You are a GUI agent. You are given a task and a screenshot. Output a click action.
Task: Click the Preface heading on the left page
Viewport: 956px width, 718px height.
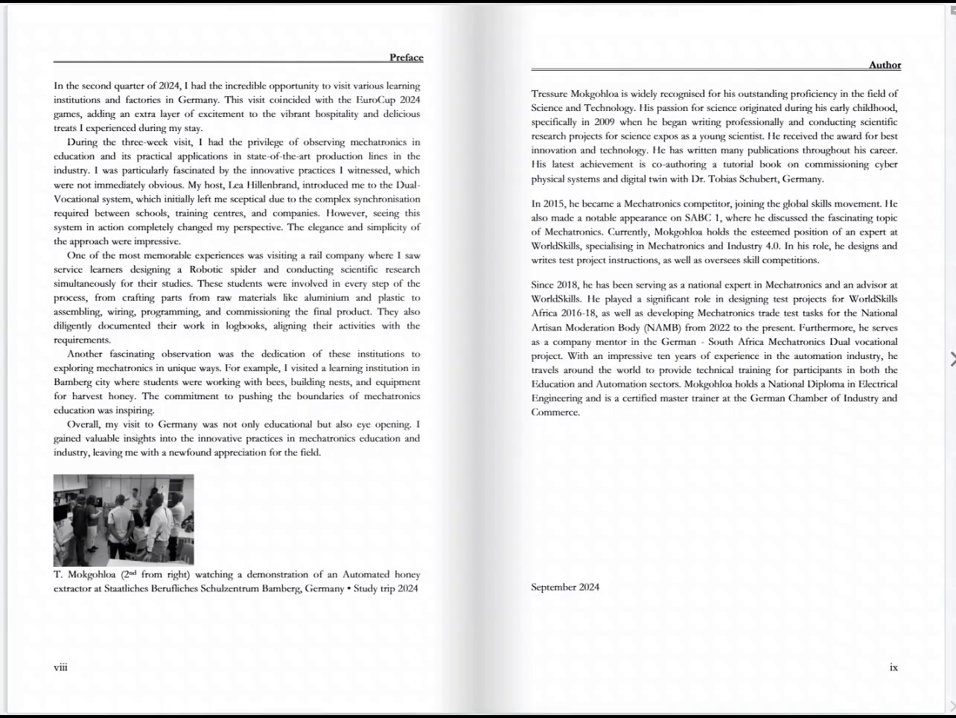tap(406, 57)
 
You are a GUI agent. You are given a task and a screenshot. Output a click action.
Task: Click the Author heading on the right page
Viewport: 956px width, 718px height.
tap(885, 65)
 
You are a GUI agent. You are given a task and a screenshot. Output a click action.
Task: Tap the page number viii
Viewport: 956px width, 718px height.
tap(60, 667)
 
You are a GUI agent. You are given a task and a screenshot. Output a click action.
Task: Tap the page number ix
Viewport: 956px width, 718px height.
tap(893, 667)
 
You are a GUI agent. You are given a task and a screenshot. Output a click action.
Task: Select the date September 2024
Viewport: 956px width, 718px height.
tap(565, 587)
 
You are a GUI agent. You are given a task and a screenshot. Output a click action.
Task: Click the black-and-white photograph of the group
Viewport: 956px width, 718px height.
tap(124, 520)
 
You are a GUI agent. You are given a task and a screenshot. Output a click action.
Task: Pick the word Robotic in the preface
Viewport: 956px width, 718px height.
tap(206, 270)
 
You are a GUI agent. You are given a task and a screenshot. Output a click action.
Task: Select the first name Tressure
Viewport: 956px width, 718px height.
tap(549, 94)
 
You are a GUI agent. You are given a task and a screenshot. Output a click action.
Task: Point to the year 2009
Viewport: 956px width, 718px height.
tap(605, 122)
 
